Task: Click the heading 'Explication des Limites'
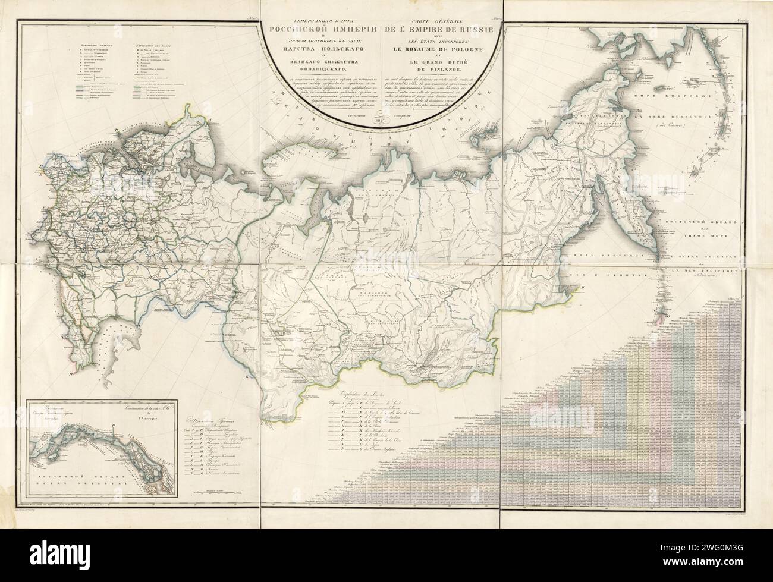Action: [363, 392]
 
